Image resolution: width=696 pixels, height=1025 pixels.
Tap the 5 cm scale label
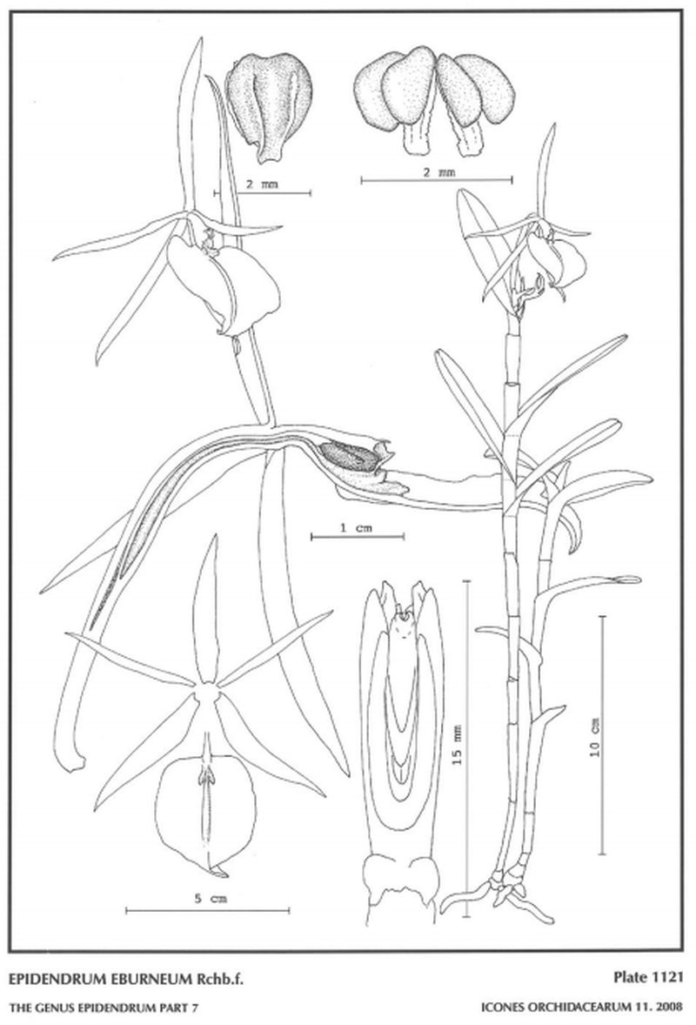tap(211, 899)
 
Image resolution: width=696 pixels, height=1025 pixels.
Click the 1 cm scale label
tap(356, 527)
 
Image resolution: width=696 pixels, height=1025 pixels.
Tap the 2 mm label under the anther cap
tap(261, 184)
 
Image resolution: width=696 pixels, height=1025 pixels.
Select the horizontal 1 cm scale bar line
tap(358, 537)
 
